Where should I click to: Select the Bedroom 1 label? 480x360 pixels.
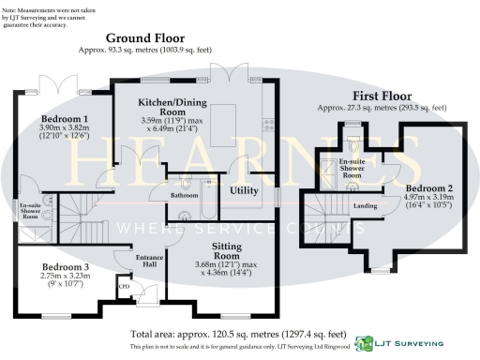65,118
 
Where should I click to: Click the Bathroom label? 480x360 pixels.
184,195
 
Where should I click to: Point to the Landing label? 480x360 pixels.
365,205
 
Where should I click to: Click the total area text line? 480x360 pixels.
240,334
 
